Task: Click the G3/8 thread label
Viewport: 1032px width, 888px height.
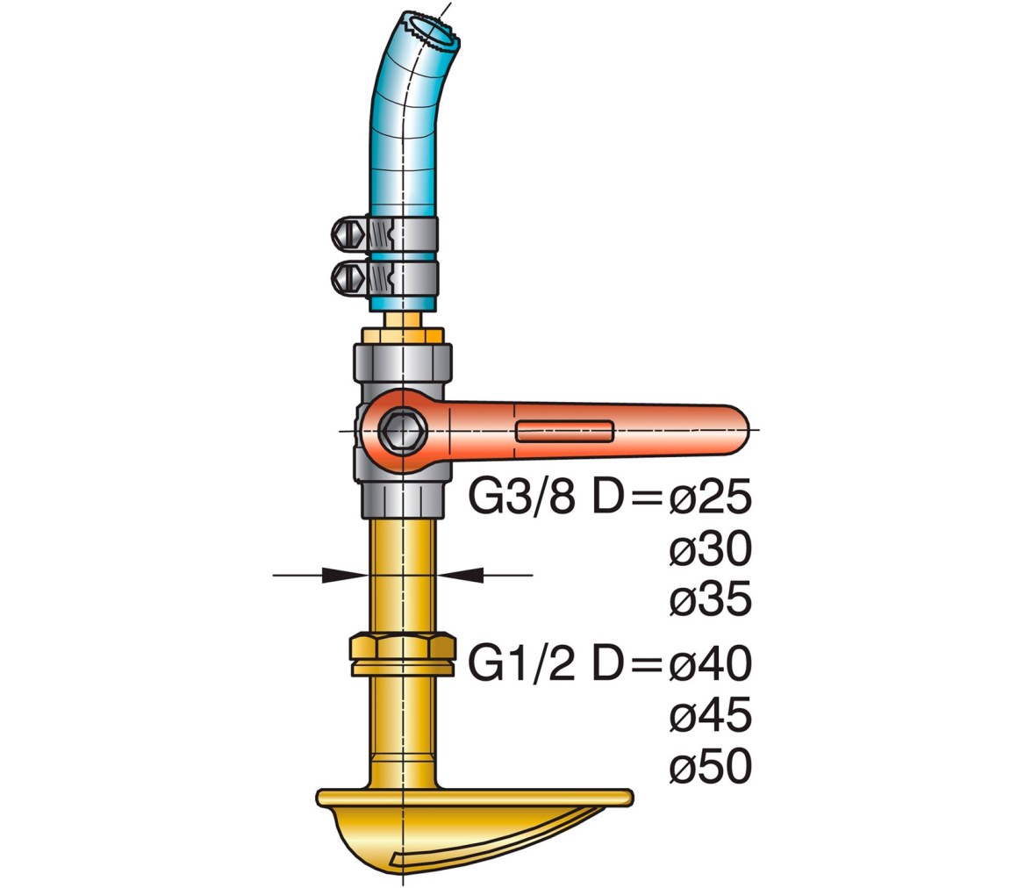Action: [x=521, y=497]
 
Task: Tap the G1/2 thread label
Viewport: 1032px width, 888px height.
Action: [x=521, y=662]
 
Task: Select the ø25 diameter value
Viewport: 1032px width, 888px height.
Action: [x=710, y=497]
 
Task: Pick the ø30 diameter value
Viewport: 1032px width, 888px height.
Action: [x=710, y=548]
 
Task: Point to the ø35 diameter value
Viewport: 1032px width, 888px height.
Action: [x=710, y=599]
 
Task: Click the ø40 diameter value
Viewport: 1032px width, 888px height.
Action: [x=710, y=662]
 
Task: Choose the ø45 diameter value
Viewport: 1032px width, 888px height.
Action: [x=710, y=715]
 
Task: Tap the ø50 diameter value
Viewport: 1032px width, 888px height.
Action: [x=710, y=766]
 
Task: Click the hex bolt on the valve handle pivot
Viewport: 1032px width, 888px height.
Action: [x=402, y=432]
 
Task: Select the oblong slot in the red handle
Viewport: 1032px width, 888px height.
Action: [x=565, y=431]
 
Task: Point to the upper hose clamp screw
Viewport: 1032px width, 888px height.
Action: [x=349, y=233]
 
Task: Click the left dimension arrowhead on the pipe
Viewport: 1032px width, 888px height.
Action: [x=345, y=575]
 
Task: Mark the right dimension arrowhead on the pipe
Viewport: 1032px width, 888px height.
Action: [x=460, y=575]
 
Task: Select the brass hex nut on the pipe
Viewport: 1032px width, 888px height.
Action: [x=402, y=655]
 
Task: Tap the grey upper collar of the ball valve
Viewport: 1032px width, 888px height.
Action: [x=403, y=366]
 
